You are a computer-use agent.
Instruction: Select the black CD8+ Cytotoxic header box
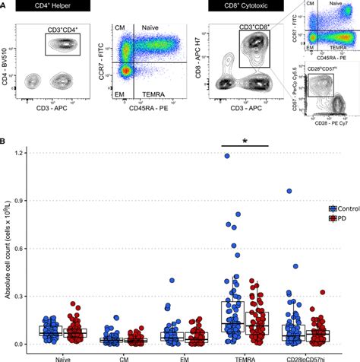tap(243, 7)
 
